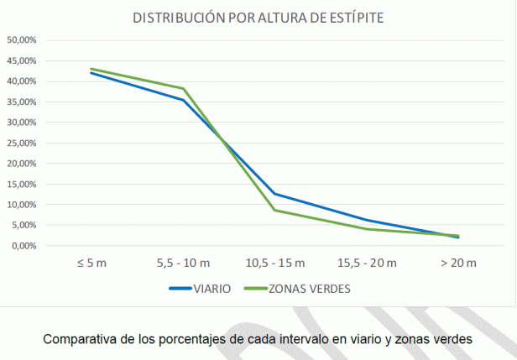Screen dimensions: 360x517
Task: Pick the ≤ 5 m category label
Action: [91, 263]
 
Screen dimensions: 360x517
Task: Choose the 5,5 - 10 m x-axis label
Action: [183, 263]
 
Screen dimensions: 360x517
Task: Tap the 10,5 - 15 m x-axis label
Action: [274, 263]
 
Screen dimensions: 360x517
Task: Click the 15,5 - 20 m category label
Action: [367, 263]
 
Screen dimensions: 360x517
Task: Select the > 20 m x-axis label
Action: [458, 263]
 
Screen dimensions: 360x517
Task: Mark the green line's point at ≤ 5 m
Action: [91, 69]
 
